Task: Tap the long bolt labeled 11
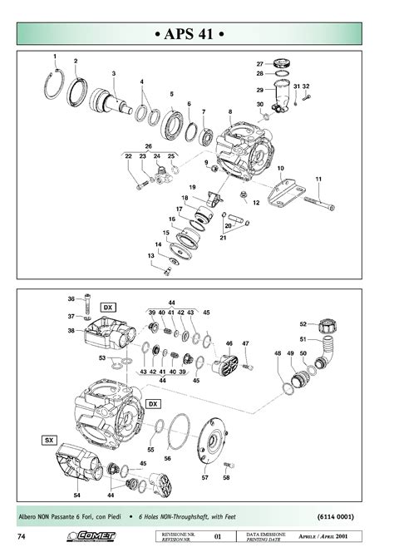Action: point(318,201)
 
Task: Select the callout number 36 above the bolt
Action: point(71,298)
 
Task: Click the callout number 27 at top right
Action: point(259,64)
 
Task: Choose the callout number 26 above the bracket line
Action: point(149,146)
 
